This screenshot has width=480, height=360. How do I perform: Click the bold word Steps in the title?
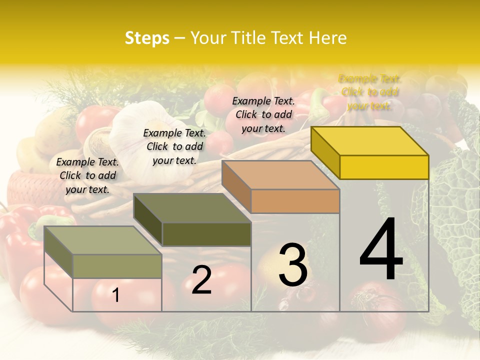click(147, 38)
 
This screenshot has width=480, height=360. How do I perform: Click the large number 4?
click(381, 249)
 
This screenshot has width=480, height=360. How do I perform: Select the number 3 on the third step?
click(292, 265)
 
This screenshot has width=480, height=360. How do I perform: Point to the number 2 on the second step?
click(201, 280)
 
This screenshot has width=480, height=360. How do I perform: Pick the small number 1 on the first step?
click(116, 295)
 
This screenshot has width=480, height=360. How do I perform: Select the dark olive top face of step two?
click(192, 208)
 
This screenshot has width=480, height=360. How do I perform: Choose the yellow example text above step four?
click(369, 92)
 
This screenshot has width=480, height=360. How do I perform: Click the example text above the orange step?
click(263, 114)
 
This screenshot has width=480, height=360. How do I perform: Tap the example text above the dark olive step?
click(174, 146)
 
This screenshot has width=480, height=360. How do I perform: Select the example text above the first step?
click(87, 175)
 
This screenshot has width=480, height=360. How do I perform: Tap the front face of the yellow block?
click(384, 167)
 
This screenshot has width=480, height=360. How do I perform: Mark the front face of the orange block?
click(295, 201)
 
